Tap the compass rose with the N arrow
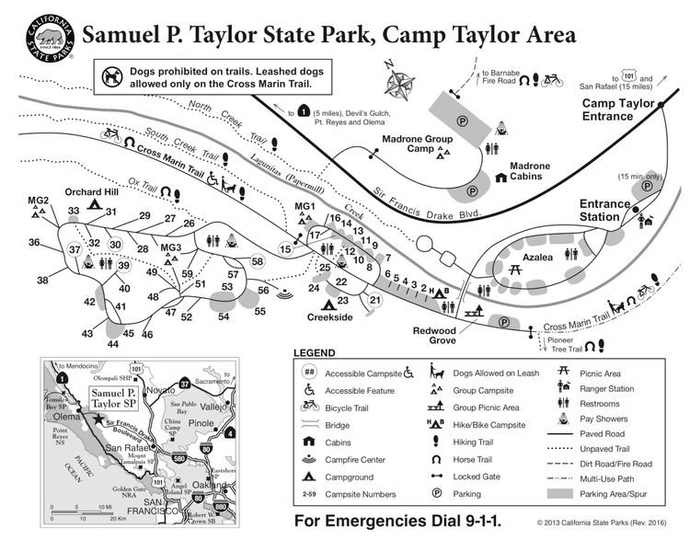[x=399, y=83]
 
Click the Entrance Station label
[x=604, y=210]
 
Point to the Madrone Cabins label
[x=530, y=172]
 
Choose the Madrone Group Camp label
[x=407, y=143]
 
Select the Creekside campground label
[x=329, y=317]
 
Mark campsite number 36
[x=34, y=243]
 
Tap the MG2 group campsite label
[x=38, y=201]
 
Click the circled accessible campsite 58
[x=258, y=261]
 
